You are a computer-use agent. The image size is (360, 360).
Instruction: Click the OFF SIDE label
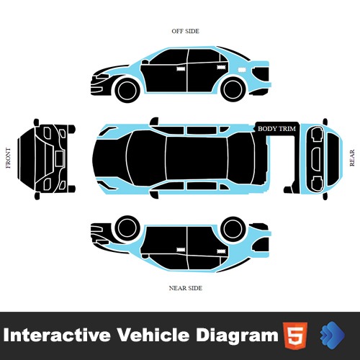click(185, 31)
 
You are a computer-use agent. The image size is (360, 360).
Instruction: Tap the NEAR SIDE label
click(186, 288)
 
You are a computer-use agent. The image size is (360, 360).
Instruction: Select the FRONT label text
click(8, 158)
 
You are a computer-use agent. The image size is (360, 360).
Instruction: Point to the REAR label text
click(352, 158)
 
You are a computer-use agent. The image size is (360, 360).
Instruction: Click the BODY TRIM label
click(276, 129)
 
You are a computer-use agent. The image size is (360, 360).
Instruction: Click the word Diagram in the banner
click(237, 336)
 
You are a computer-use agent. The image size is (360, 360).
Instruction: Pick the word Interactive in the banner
click(57, 335)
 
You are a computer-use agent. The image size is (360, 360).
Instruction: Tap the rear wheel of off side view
click(233, 89)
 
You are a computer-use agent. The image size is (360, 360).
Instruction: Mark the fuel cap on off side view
click(240, 70)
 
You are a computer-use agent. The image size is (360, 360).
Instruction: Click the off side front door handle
click(181, 68)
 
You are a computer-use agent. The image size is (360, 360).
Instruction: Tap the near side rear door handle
click(221, 251)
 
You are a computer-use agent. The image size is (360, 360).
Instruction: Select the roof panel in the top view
click(197, 158)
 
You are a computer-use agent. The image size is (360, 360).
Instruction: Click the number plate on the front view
click(60, 158)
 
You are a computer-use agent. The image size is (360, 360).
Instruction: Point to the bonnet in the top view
click(110, 158)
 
